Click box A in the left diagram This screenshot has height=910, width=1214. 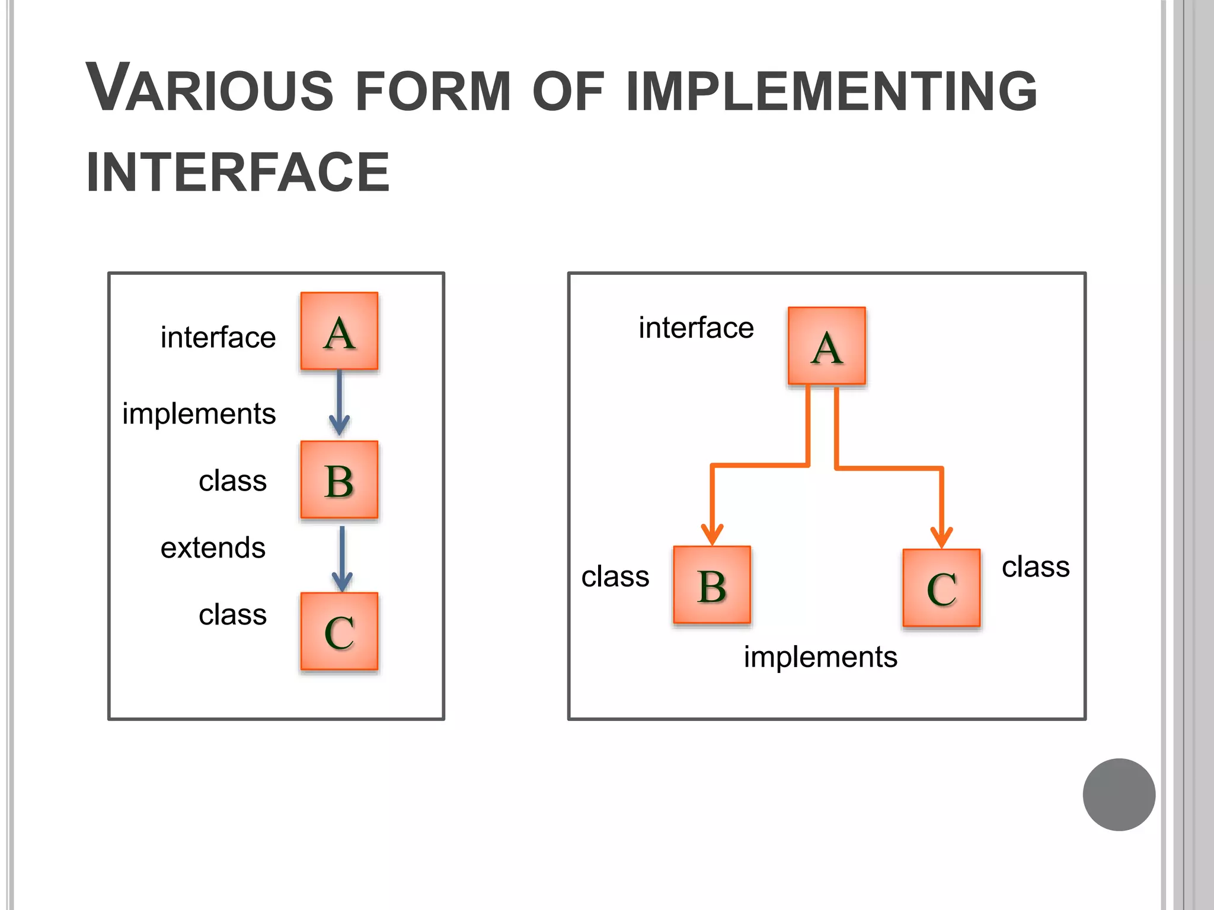click(339, 331)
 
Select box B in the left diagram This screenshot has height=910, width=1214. click(339, 480)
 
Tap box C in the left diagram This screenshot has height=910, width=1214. click(339, 631)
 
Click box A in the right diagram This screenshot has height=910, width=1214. click(826, 346)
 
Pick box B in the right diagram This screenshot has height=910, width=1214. click(712, 585)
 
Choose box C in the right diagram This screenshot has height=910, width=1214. click(941, 588)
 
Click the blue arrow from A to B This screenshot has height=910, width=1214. click(339, 403)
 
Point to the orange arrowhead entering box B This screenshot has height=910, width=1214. click(712, 534)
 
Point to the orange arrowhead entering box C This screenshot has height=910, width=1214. click(941, 536)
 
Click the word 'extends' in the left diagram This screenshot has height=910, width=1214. click(213, 547)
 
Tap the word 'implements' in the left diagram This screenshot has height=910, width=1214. click(199, 414)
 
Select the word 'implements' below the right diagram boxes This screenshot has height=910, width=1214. click(820, 657)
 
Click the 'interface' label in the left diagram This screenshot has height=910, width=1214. click(218, 338)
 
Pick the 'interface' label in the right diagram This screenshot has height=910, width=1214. click(696, 328)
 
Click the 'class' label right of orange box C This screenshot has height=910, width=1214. click(1036, 567)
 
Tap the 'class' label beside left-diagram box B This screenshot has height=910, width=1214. click(232, 481)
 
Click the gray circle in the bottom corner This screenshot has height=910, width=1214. click(1119, 794)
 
